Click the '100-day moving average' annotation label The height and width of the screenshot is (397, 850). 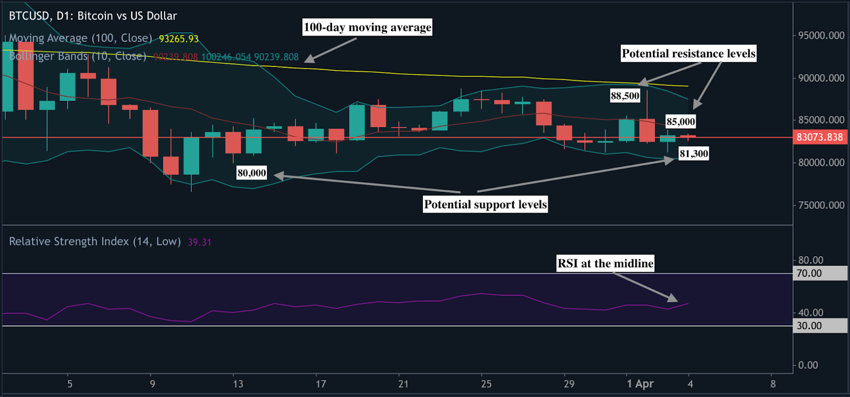[x=367, y=27]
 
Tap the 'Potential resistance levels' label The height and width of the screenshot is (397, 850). [x=688, y=54]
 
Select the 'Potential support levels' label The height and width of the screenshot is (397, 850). [x=485, y=205]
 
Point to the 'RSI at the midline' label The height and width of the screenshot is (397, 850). [x=605, y=264]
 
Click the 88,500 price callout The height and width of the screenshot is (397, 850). [x=625, y=96]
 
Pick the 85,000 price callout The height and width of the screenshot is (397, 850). [x=681, y=122]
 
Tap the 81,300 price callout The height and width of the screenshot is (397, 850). [x=694, y=154]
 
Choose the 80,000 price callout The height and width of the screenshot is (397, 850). [x=252, y=173]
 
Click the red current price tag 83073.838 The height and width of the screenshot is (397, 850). [x=819, y=137]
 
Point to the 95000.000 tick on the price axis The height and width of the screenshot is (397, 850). [x=821, y=36]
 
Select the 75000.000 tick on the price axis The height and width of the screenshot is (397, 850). [x=821, y=205]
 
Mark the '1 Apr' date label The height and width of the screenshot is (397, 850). [x=640, y=384]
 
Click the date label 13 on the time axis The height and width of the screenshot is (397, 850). [x=238, y=384]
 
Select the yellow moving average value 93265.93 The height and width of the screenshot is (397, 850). [x=178, y=39]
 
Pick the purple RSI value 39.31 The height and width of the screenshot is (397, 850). [x=199, y=242]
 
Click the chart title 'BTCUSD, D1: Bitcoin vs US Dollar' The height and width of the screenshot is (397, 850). [x=93, y=16]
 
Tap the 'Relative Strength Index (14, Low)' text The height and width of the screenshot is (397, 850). [x=95, y=242]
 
